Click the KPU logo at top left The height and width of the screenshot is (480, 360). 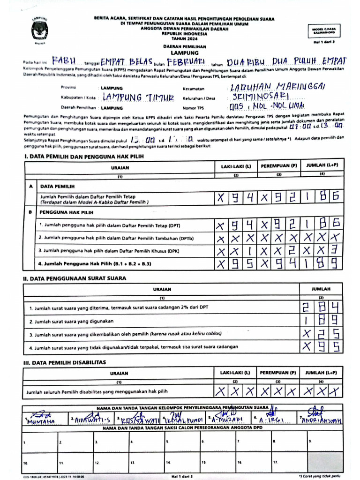point(40,31)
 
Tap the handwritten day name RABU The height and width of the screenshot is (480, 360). point(64,61)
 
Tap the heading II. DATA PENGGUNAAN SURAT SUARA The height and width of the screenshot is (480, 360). point(75,278)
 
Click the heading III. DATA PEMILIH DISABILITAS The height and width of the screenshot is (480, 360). point(65,362)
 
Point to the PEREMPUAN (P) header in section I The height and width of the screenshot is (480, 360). point(279,166)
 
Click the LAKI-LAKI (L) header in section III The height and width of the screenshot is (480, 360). point(235,373)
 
